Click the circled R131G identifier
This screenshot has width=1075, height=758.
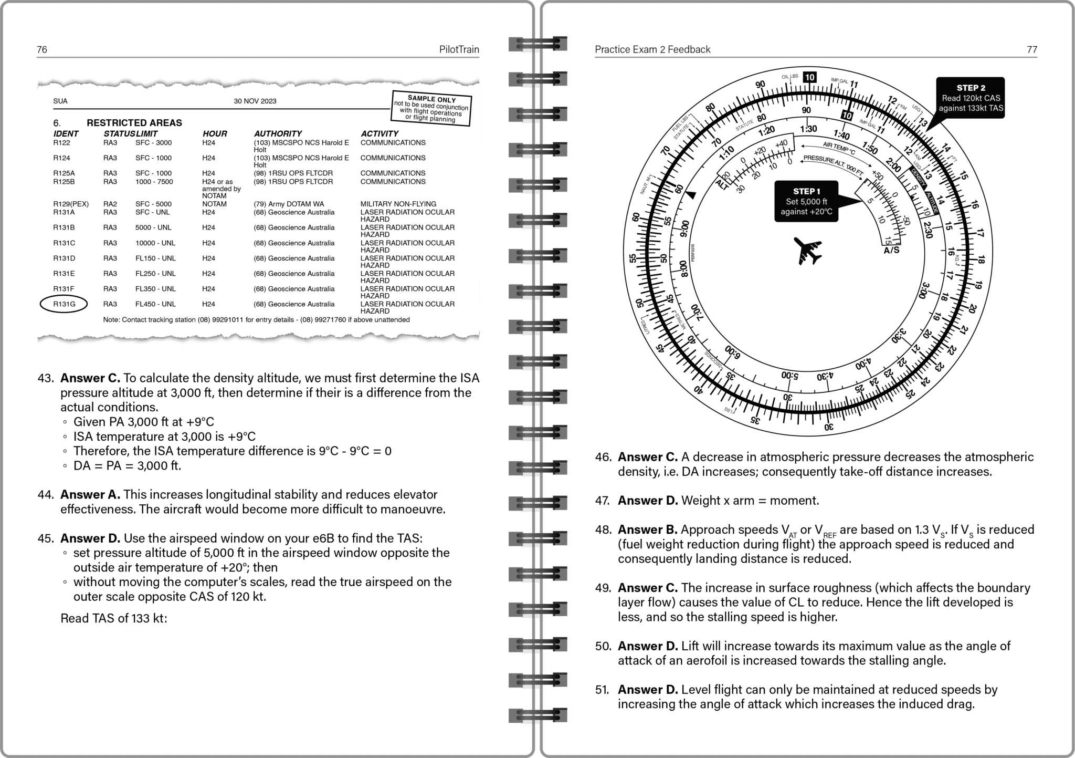pyautogui.click(x=64, y=304)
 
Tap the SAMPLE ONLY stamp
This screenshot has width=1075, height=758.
pyautogui.click(x=432, y=109)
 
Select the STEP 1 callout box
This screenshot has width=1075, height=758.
pyautogui.click(x=806, y=201)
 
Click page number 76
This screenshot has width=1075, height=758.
pyautogui.click(x=42, y=49)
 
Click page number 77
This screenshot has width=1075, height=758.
pyautogui.click(x=1031, y=49)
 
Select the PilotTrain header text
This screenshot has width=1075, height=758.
pyautogui.click(x=459, y=49)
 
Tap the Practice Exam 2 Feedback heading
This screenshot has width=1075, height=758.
pyautogui.click(x=652, y=49)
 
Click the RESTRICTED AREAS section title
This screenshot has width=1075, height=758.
pyautogui.click(x=134, y=123)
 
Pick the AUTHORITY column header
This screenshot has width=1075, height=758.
pyautogui.click(x=278, y=134)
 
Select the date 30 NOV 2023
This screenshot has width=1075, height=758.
pyautogui.click(x=255, y=101)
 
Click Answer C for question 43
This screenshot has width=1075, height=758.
pyautogui.click(x=90, y=378)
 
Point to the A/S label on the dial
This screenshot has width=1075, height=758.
pyautogui.click(x=891, y=250)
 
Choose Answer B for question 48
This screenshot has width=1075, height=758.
pyautogui.click(x=647, y=529)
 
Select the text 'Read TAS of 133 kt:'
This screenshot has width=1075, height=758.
pyautogui.click(x=114, y=618)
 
